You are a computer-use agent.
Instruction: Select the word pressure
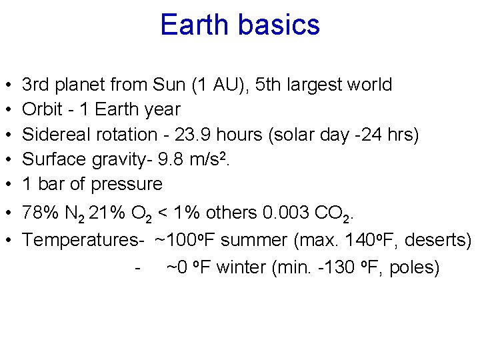click(127, 184)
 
